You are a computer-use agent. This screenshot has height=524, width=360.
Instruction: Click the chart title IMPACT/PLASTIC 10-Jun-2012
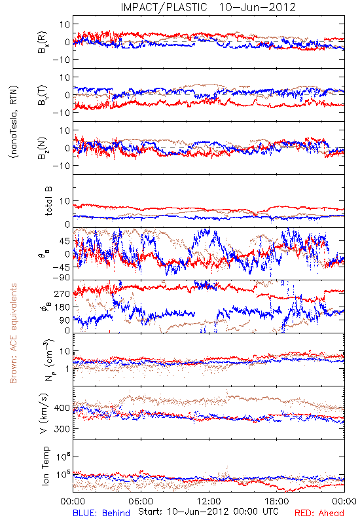208,7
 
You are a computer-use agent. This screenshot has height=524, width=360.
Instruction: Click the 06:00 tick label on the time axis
141,501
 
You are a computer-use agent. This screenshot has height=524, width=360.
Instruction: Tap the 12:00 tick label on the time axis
209,501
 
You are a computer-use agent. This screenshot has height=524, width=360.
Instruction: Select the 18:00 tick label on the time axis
277,501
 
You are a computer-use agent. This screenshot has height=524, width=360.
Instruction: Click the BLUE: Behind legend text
101,513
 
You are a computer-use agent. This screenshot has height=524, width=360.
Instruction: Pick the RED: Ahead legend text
319,513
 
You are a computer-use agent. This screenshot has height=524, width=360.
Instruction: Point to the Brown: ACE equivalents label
13,333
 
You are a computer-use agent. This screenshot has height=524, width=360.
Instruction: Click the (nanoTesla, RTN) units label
14,122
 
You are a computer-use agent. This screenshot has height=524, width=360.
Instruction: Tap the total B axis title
48,201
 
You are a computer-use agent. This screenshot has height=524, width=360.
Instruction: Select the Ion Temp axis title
45,466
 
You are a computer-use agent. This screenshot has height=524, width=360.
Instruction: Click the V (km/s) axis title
44,413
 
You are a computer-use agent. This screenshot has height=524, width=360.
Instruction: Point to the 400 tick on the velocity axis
62,408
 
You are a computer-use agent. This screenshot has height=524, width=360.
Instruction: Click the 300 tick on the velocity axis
62,429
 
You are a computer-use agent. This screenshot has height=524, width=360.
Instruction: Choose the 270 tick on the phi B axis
62,293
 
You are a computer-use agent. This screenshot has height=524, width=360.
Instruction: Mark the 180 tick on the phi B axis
62,307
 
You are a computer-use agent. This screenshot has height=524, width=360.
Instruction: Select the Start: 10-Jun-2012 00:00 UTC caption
208,512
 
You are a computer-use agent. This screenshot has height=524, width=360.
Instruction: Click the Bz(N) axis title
43,148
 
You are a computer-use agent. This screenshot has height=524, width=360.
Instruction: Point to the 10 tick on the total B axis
64,201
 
